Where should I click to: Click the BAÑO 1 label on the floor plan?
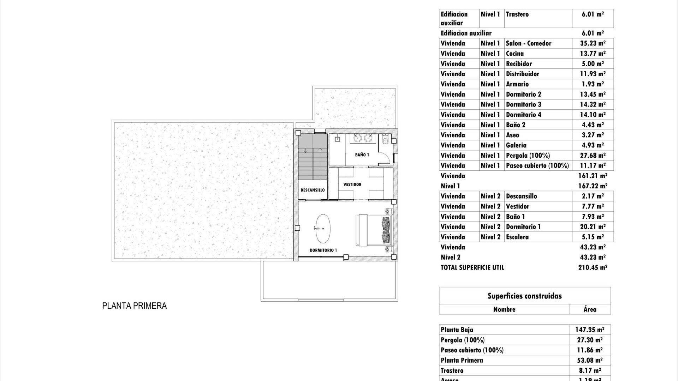(x=362, y=155)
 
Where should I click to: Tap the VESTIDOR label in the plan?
(x=352, y=185)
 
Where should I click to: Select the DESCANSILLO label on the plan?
(x=313, y=190)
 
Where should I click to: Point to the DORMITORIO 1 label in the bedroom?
(x=323, y=250)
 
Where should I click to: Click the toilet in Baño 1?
(x=385, y=141)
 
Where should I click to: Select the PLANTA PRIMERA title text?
(x=134, y=306)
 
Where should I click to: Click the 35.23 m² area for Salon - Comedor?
(x=593, y=43)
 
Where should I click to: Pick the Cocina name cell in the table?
(x=515, y=54)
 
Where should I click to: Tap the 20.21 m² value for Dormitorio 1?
(x=593, y=227)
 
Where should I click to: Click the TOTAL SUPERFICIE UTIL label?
(x=472, y=267)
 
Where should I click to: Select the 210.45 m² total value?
(x=593, y=267)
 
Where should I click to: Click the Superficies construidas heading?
(x=524, y=296)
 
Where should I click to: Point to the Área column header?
(x=590, y=309)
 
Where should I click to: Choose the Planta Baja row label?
(x=457, y=330)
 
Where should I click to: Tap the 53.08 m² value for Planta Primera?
(x=589, y=360)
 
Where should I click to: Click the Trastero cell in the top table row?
(x=517, y=14)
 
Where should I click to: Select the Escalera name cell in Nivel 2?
(x=517, y=237)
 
